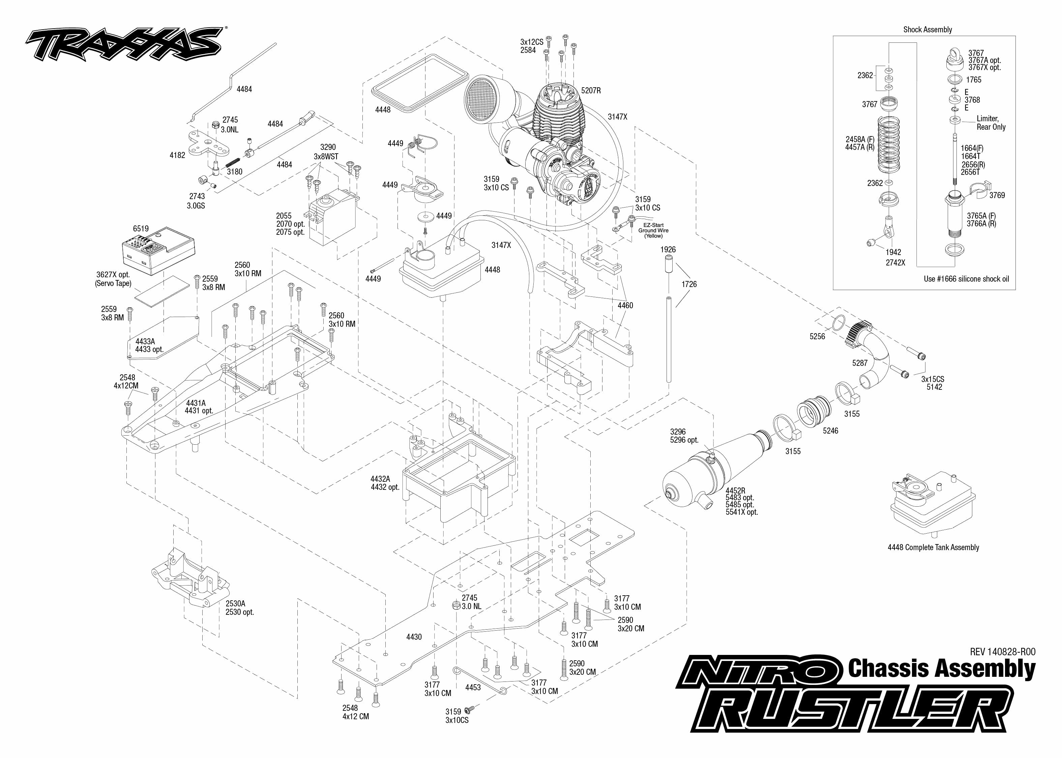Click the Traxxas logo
(124, 45)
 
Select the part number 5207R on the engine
(591, 91)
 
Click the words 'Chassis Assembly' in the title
(941, 669)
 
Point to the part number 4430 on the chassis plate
(414, 637)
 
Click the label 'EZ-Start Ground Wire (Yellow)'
(653, 230)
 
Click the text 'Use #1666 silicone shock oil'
(966, 279)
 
